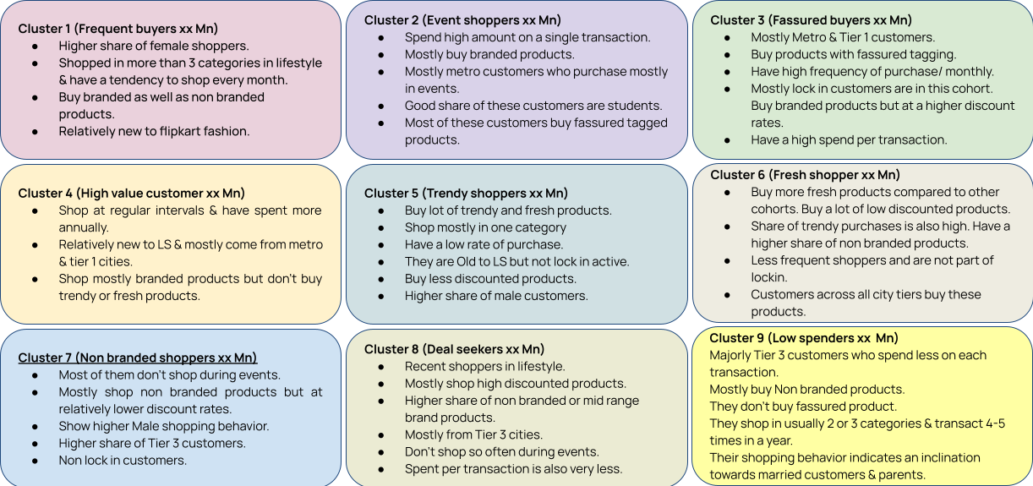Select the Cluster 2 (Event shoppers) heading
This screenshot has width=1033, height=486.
pos(462,20)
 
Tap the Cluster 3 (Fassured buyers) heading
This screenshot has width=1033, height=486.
pos(811,20)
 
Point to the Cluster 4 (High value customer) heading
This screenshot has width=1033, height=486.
pos(131,194)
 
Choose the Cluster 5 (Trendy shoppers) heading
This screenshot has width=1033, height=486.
pos(466,194)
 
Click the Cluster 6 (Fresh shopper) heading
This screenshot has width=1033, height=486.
pos(805,175)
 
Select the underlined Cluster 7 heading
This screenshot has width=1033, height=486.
pos(138,358)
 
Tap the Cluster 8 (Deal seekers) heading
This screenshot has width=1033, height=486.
pos(454,349)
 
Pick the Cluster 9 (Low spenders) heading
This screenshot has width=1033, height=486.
pos(804,338)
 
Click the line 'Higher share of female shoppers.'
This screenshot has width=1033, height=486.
pos(153,46)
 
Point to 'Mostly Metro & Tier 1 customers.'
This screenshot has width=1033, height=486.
pos(843,37)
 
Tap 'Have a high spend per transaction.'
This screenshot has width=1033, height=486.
pos(849,139)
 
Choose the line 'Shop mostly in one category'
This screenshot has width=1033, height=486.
pos(485,227)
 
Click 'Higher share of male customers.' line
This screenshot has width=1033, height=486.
pos(496,296)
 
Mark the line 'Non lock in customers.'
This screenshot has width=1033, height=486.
pos(123,461)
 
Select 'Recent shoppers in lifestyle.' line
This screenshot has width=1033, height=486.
pos(484,366)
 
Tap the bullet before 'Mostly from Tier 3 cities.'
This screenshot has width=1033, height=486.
pos(382,435)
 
